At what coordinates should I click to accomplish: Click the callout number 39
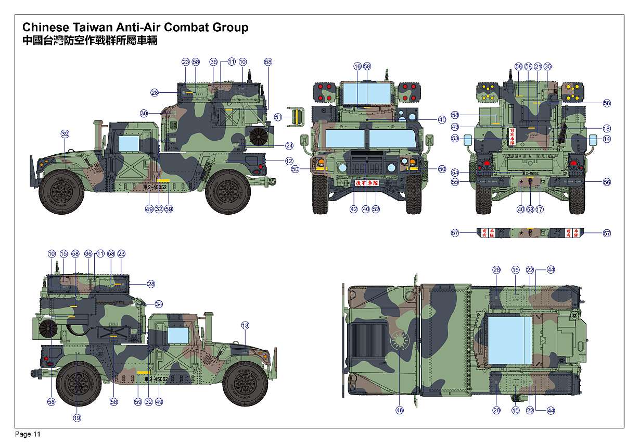(x=65, y=134)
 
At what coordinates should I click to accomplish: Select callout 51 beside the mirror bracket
(x=278, y=117)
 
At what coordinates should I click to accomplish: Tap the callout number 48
(x=400, y=410)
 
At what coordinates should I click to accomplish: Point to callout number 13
(x=245, y=325)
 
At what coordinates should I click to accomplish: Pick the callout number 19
(x=77, y=417)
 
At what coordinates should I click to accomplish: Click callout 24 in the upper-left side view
(x=289, y=145)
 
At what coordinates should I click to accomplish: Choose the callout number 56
(x=607, y=182)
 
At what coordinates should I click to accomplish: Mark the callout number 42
(x=354, y=209)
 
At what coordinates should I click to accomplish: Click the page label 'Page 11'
(x=28, y=434)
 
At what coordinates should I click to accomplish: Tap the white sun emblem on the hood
(x=400, y=341)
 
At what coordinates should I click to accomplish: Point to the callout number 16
(x=357, y=67)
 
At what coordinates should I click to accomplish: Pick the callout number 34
(x=159, y=304)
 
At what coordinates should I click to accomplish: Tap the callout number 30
(x=144, y=113)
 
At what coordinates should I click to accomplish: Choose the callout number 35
(x=547, y=67)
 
